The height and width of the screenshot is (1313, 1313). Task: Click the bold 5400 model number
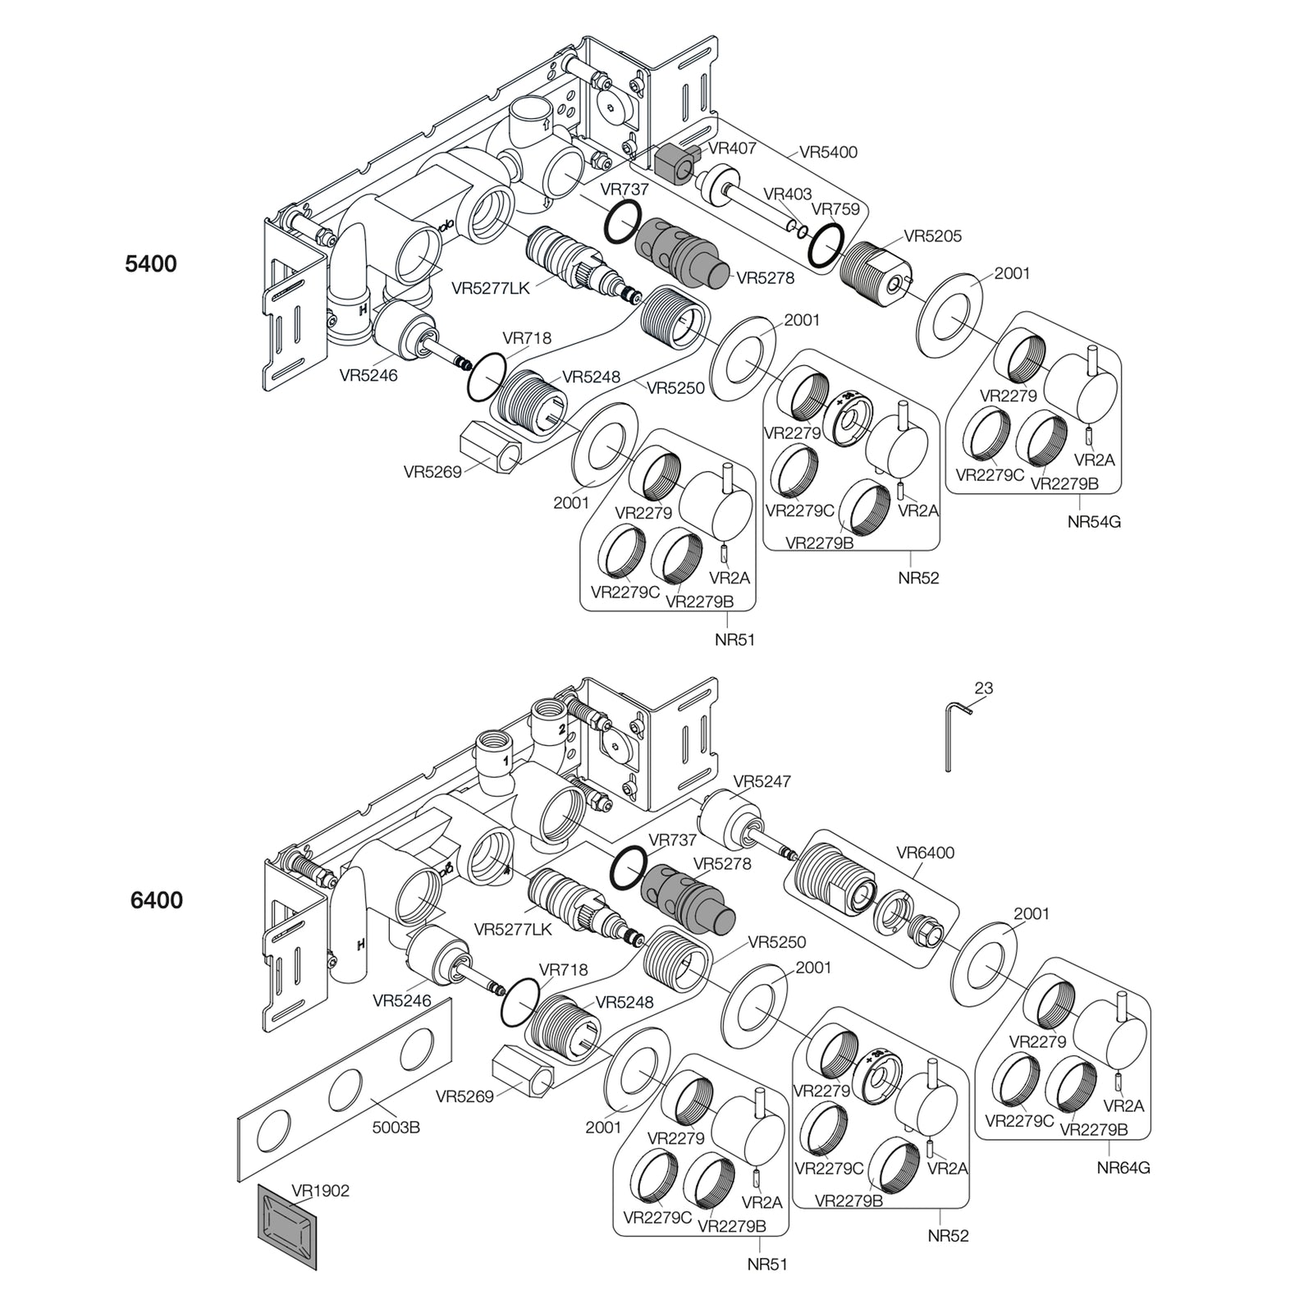(151, 264)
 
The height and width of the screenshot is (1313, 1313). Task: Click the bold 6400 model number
(157, 900)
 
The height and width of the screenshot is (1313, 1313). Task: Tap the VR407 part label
(732, 149)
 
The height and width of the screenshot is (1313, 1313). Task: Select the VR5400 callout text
(828, 152)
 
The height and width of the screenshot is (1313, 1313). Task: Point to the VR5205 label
(933, 236)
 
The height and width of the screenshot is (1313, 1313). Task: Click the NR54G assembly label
(1094, 521)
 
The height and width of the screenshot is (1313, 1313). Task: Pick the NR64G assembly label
(1123, 1167)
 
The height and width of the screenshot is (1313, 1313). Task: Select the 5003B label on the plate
(397, 1128)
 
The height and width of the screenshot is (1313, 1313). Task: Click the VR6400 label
(925, 853)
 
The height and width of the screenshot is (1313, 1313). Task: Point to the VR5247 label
(762, 781)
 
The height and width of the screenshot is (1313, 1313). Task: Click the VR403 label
(787, 194)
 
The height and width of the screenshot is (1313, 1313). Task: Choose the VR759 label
(835, 209)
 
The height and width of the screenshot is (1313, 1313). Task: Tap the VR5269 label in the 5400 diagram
(432, 472)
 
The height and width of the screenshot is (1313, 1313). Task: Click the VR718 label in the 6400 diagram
(564, 969)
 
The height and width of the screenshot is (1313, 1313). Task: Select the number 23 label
(984, 689)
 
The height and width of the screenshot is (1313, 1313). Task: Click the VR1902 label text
(320, 1190)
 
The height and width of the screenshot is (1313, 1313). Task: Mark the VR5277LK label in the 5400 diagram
(491, 289)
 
